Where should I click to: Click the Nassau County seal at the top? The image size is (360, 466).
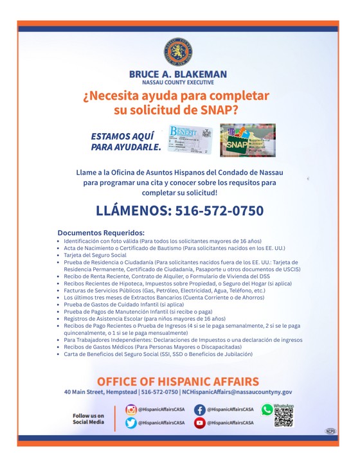178,52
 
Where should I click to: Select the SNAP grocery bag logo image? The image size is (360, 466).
248,140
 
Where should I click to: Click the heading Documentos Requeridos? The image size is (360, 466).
101,233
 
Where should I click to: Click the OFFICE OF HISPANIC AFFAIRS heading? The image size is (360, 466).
178,382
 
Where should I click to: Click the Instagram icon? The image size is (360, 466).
131,409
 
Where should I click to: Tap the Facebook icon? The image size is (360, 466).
199,409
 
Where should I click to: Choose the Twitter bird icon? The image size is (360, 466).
131,422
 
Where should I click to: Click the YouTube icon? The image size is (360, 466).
199,422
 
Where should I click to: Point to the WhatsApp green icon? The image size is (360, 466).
267,409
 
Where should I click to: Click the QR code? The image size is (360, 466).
283,417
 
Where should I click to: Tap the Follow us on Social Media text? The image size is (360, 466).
88,418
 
